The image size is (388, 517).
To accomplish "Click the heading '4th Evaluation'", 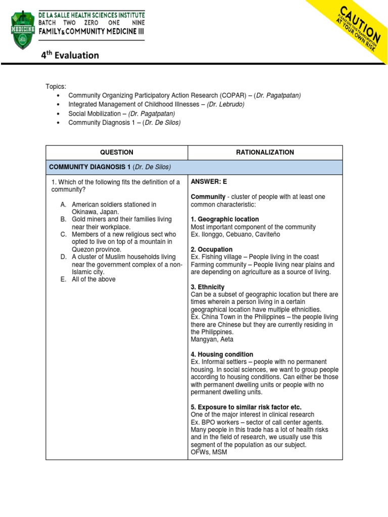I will [70, 55].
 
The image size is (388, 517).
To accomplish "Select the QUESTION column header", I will [117, 152].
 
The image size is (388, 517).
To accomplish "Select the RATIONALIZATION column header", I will [265, 152].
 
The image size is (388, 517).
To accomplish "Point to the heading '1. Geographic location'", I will [225, 219].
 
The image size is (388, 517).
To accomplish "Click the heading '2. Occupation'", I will [212, 249].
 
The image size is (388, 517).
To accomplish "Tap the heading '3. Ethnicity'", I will [208, 287].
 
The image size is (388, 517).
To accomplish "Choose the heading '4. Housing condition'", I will [222, 354].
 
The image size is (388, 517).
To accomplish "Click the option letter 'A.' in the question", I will [63, 204].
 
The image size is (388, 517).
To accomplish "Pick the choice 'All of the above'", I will [93, 279].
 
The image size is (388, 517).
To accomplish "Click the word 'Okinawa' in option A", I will [84, 212].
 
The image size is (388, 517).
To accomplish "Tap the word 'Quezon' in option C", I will [83, 249].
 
